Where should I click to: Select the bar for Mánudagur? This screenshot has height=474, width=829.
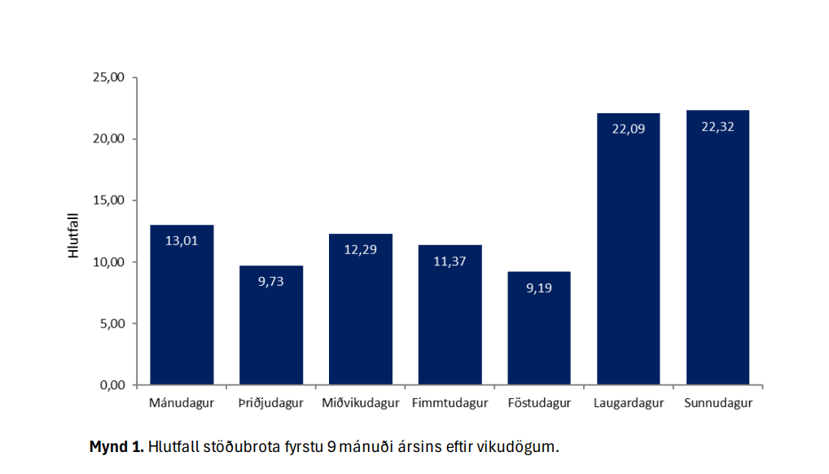(x=182, y=305)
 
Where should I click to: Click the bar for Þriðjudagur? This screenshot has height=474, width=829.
(x=271, y=326)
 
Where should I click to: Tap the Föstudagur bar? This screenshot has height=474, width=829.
(x=539, y=328)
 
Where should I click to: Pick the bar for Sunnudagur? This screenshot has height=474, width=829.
(x=717, y=248)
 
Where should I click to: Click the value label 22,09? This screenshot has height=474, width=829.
(x=628, y=128)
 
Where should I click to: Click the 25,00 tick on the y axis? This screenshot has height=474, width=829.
(x=108, y=77)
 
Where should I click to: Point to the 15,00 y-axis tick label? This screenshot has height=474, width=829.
(x=108, y=200)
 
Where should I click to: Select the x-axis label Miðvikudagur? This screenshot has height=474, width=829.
(x=360, y=403)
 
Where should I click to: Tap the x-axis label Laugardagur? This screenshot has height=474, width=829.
(x=628, y=403)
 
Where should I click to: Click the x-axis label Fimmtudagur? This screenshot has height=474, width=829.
(x=450, y=403)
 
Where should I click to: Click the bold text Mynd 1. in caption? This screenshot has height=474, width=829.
(x=116, y=447)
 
